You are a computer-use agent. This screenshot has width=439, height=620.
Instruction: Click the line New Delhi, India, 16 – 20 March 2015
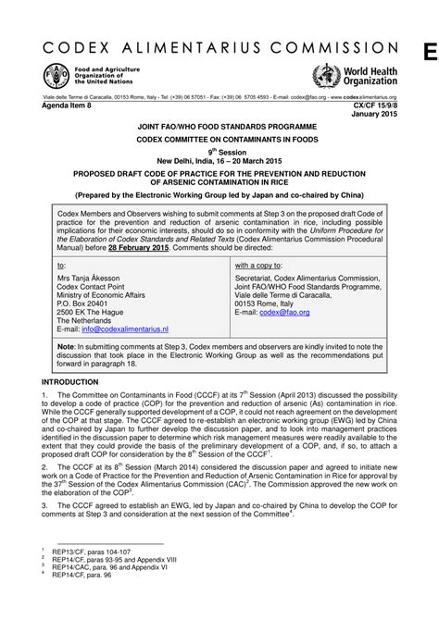click(219, 160)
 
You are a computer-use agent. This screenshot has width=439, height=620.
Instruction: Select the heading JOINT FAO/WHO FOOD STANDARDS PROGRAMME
click(219, 124)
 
